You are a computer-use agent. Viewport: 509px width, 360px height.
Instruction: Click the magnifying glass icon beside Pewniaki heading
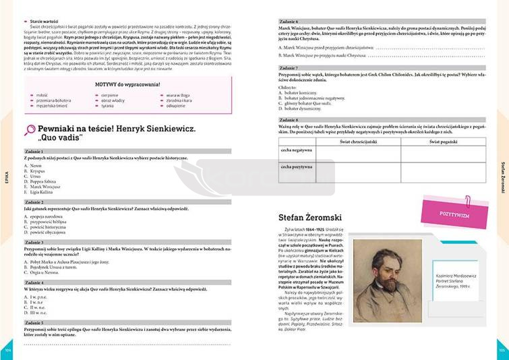[x=30, y=131]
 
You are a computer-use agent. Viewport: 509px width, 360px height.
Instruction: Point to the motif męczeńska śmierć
[x=51, y=106]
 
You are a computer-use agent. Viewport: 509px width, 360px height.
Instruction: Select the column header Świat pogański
[x=443, y=142]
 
